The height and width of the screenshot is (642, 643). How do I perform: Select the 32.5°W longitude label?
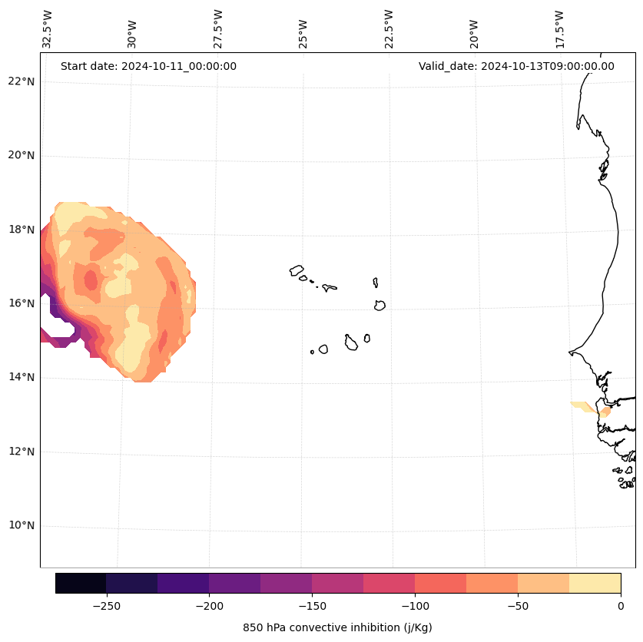(x=48, y=29)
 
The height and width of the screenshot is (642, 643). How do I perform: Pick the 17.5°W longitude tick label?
(x=559, y=29)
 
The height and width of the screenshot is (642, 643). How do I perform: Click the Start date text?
(x=148, y=66)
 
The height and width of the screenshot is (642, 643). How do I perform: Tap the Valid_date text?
(x=516, y=66)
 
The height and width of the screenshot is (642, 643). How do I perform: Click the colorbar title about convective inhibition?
(x=337, y=627)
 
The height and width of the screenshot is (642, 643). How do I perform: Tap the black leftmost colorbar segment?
(x=81, y=583)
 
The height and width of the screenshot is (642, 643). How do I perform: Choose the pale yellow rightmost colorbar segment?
(x=595, y=583)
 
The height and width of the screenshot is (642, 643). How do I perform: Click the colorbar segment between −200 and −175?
(x=234, y=583)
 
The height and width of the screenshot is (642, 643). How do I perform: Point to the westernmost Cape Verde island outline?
(x=297, y=270)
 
